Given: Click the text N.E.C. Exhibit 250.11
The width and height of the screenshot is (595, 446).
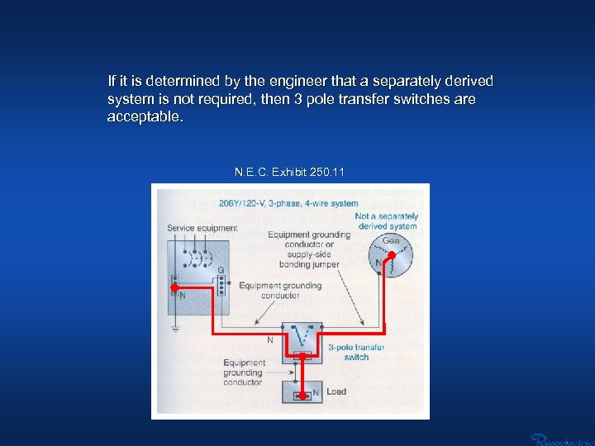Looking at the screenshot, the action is (289, 173).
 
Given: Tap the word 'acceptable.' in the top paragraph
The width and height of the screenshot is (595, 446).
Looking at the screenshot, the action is (145, 116).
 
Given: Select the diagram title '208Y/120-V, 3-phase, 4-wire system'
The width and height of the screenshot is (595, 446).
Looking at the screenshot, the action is (288, 203).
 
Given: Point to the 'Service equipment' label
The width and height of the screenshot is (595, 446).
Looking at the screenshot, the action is (202, 228).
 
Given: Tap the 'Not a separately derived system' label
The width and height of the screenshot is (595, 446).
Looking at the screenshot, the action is (388, 221).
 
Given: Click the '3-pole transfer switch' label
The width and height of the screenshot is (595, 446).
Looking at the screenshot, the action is (356, 352).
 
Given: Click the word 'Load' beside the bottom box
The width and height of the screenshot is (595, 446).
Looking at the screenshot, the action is (336, 391).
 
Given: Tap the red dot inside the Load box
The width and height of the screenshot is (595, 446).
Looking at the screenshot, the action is (304, 395).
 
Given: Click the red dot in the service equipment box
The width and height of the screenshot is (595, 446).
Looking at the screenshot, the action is (174, 287).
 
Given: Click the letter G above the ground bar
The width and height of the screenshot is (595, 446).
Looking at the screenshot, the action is (221, 270).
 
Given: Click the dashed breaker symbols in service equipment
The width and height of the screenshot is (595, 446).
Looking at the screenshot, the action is (197, 257).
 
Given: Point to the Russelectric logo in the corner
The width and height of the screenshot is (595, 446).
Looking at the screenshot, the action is (562, 438).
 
